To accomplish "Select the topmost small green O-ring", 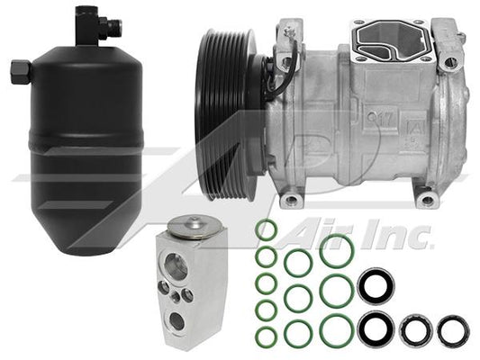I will click(x=265, y=230).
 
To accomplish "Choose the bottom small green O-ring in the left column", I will click(x=265, y=336).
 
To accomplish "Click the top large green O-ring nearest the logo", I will click(x=334, y=249).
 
